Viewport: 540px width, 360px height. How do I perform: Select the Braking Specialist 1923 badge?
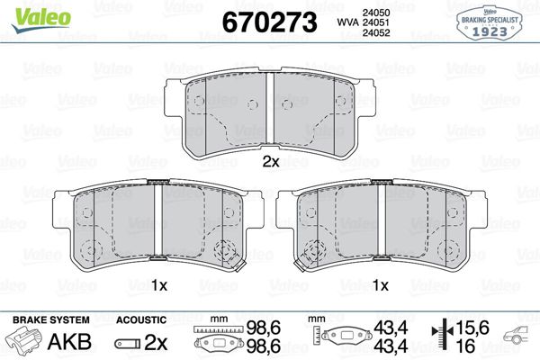(x=494, y=22)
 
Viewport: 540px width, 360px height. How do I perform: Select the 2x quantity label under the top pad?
(x=271, y=163)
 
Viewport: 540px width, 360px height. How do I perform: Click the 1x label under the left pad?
(x=159, y=286)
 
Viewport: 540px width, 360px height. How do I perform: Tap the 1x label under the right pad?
(x=381, y=286)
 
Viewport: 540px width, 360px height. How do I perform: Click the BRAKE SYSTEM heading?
(x=50, y=320)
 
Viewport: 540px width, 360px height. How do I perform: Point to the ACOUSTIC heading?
(x=140, y=320)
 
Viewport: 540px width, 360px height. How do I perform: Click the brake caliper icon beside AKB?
(x=27, y=342)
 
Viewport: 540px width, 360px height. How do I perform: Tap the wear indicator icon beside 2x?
(x=129, y=343)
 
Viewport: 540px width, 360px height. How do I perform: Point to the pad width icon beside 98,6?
(x=215, y=341)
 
